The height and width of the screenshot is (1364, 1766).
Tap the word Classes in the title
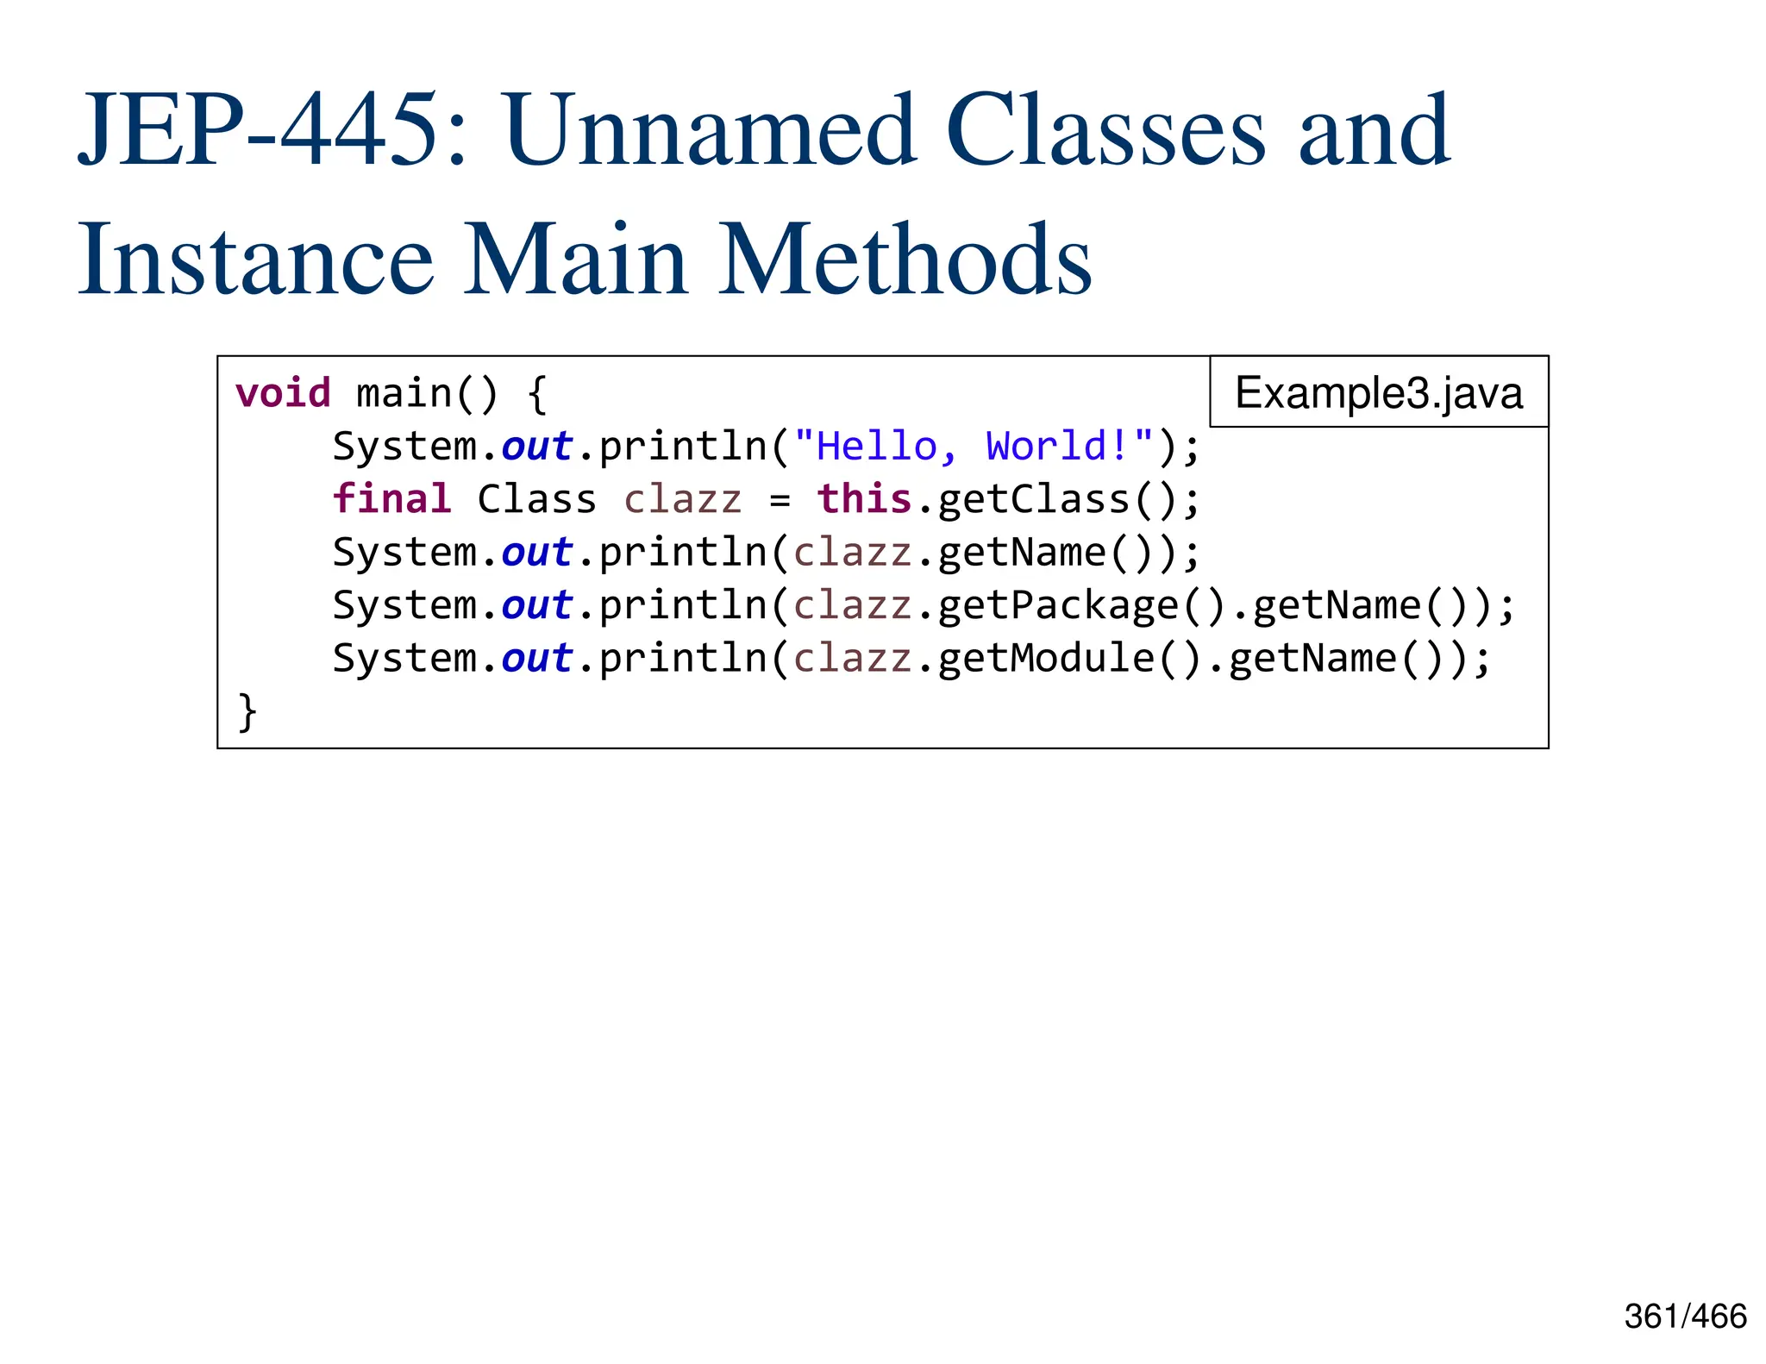pyautogui.click(x=1105, y=131)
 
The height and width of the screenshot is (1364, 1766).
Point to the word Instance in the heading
pyautogui.click(x=255, y=259)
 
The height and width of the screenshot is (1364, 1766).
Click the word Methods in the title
pyautogui.click(x=905, y=259)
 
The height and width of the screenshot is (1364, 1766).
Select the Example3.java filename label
pyautogui.click(x=1378, y=392)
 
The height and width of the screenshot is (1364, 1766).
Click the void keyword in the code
pyautogui.click(x=283, y=393)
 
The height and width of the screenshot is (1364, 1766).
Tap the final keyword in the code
pyautogui.click(x=392, y=499)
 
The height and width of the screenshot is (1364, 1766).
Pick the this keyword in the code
pyautogui.click(x=864, y=499)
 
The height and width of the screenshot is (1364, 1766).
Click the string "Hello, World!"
pyautogui.click(x=974, y=447)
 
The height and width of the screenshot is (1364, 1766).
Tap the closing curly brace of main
pyautogui.click(x=247, y=712)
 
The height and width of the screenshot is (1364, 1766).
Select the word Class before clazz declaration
pyautogui.click(x=536, y=500)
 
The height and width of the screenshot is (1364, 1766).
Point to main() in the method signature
pyautogui.click(x=427, y=394)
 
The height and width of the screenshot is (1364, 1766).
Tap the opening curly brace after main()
pyautogui.click(x=536, y=394)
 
